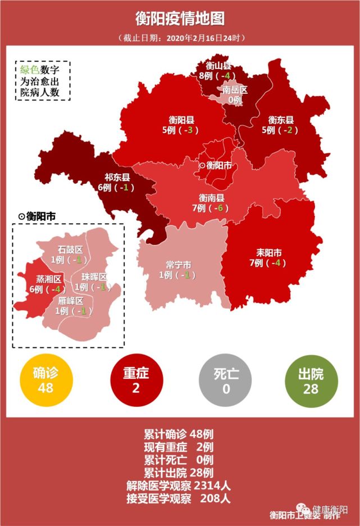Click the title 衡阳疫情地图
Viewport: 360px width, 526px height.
[x=180, y=18]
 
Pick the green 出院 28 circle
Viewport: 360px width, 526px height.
[x=312, y=380]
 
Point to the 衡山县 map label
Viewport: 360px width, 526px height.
[x=218, y=66]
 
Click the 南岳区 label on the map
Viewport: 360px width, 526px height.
[x=235, y=90]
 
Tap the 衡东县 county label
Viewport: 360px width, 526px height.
[x=281, y=120]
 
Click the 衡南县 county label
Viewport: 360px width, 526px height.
[x=212, y=198]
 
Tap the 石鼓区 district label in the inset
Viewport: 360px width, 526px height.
[x=70, y=250]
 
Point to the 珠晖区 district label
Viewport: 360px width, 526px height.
[x=94, y=277]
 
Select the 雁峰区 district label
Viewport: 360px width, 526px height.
[x=70, y=301]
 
